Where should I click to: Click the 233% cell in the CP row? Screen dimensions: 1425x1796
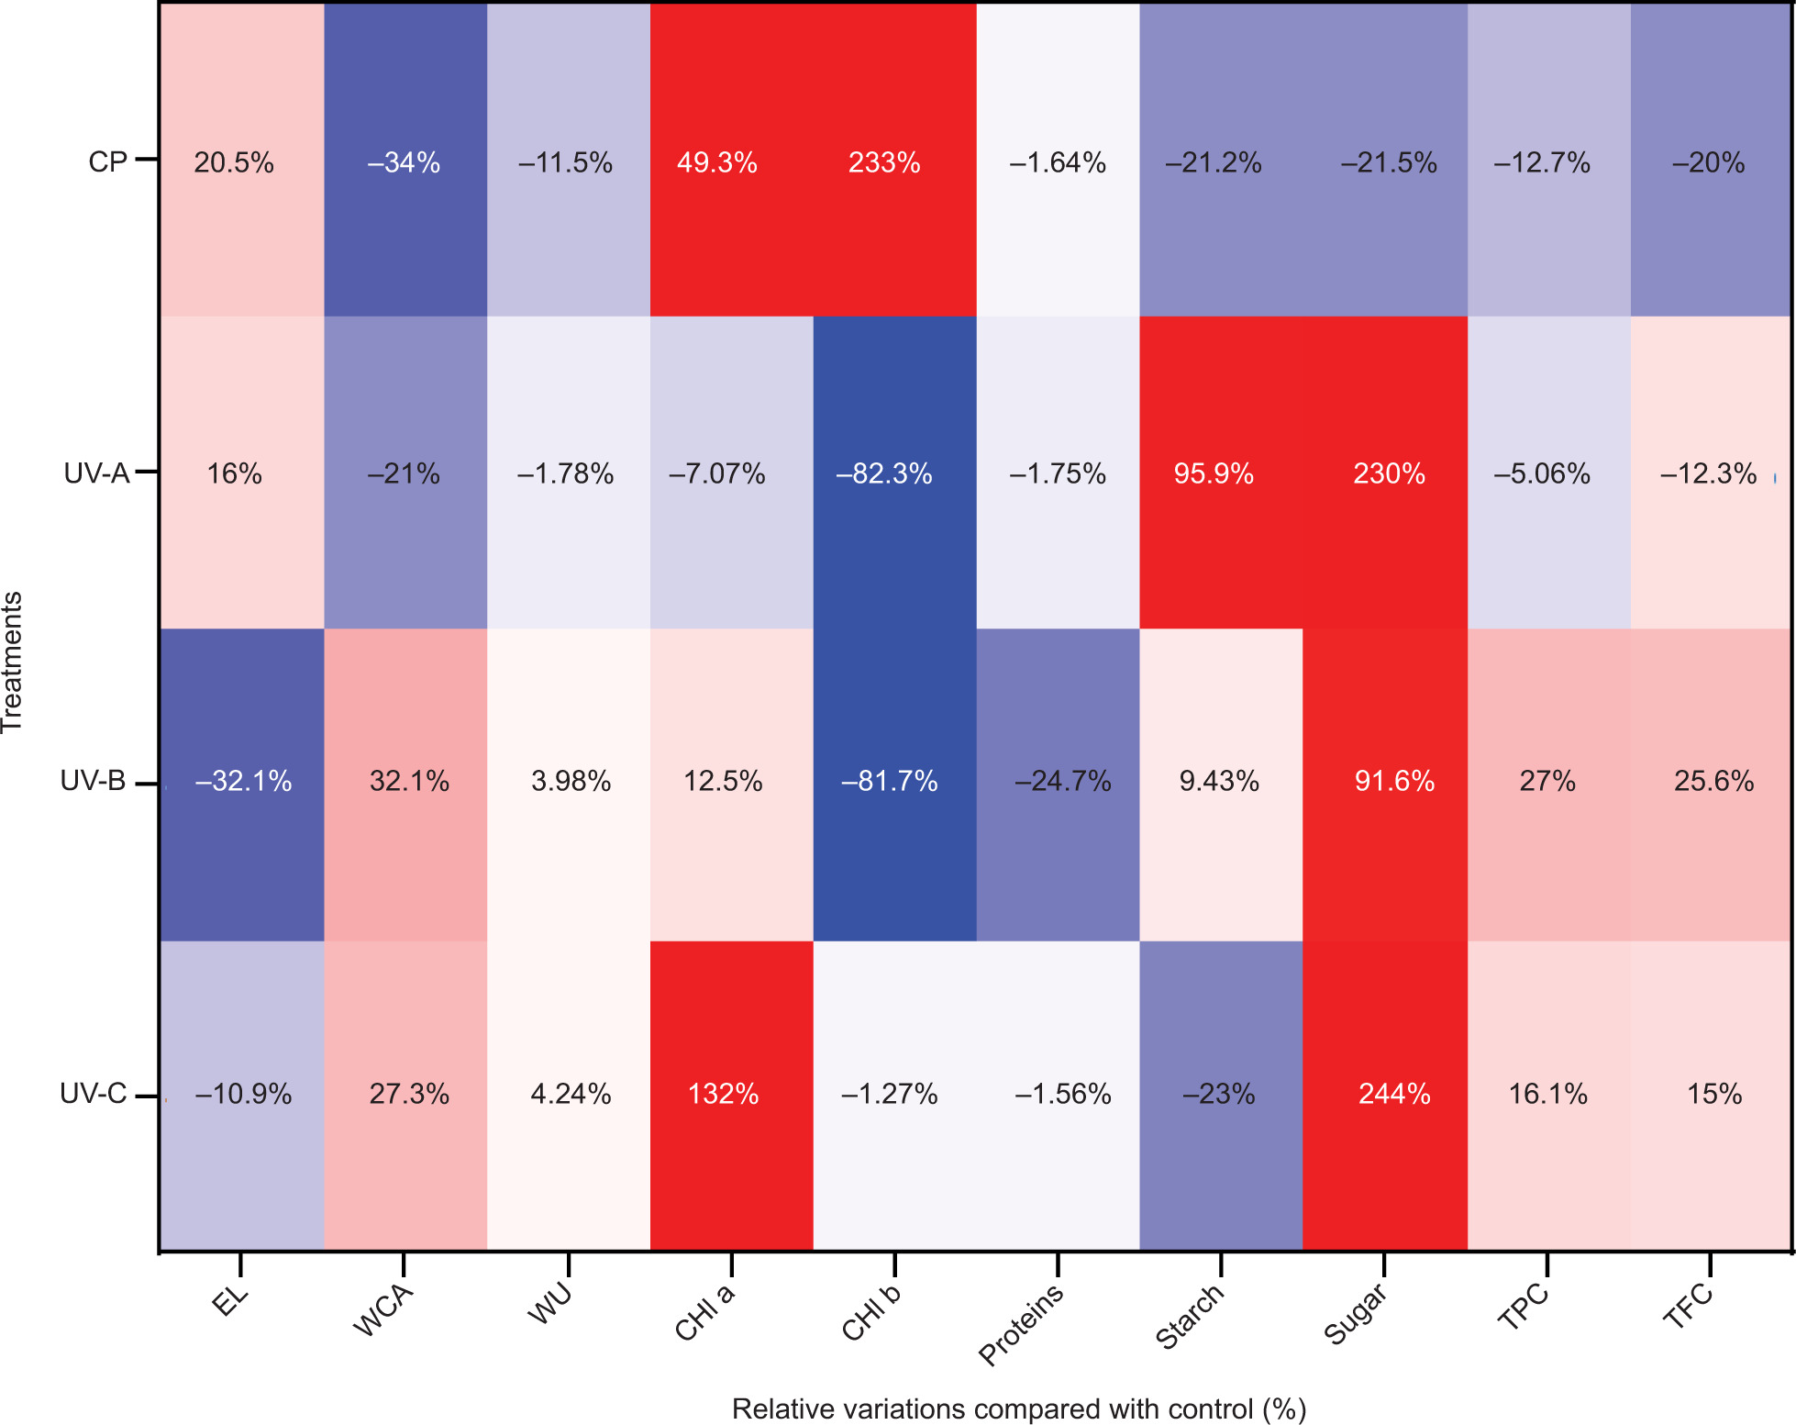coord(884,162)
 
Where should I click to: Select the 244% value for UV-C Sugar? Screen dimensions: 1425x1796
coord(1394,1094)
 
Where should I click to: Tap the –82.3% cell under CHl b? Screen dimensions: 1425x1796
coord(884,473)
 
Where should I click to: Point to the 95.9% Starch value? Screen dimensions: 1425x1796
coord(1214,473)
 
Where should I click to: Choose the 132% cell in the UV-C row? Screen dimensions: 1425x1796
coord(723,1094)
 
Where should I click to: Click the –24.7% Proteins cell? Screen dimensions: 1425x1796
coord(1062,781)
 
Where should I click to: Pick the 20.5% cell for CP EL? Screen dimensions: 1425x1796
coord(234,162)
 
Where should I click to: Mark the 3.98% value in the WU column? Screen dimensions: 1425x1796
coord(571,781)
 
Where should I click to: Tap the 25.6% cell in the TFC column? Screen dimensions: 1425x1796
coord(1713,781)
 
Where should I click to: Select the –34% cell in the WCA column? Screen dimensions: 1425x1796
coord(404,162)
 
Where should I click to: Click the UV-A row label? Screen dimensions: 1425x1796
coord(96,473)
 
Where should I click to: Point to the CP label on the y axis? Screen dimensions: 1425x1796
coord(107,162)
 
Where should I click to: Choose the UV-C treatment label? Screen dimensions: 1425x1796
coord(93,1094)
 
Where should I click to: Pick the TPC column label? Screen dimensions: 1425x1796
coord(1523,1307)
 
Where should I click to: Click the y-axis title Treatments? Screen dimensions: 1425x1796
coord(13,662)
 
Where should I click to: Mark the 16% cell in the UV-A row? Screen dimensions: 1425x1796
coord(234,473)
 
